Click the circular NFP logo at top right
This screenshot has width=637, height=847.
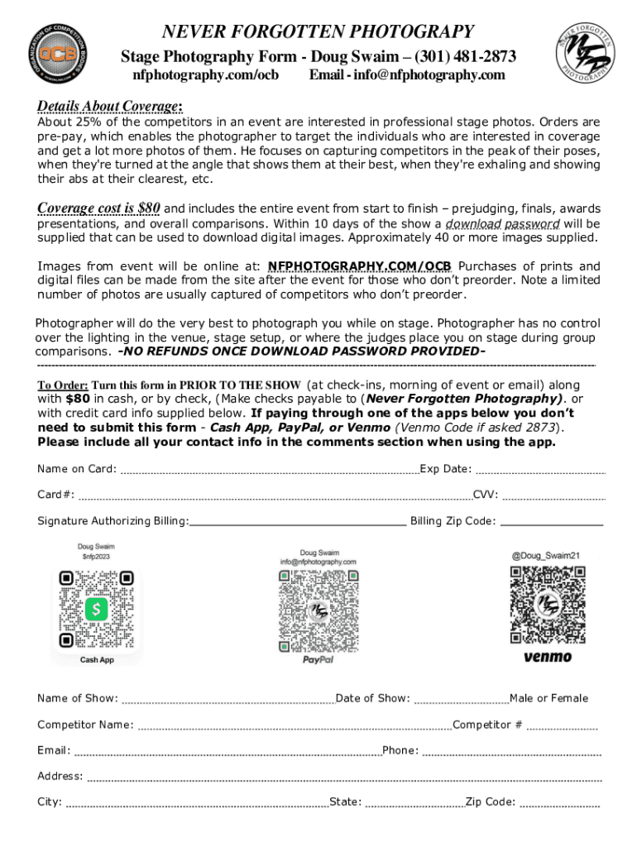[584, 51]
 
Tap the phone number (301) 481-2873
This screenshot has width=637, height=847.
[466, 57]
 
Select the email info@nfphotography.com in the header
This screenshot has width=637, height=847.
[406, 75]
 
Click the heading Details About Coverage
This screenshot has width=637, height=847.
[110, 107]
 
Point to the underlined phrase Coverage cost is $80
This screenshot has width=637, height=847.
[98, 208]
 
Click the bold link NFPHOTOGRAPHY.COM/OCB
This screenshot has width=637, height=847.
[360, 266]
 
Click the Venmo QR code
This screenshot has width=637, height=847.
[548, 605]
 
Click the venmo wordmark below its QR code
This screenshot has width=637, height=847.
[548, 658]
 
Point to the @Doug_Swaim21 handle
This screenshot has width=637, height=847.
[545, 556]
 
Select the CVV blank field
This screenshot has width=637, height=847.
[553, 497]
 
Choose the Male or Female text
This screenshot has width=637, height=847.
[549, 698]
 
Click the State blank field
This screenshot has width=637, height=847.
[414, 803]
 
